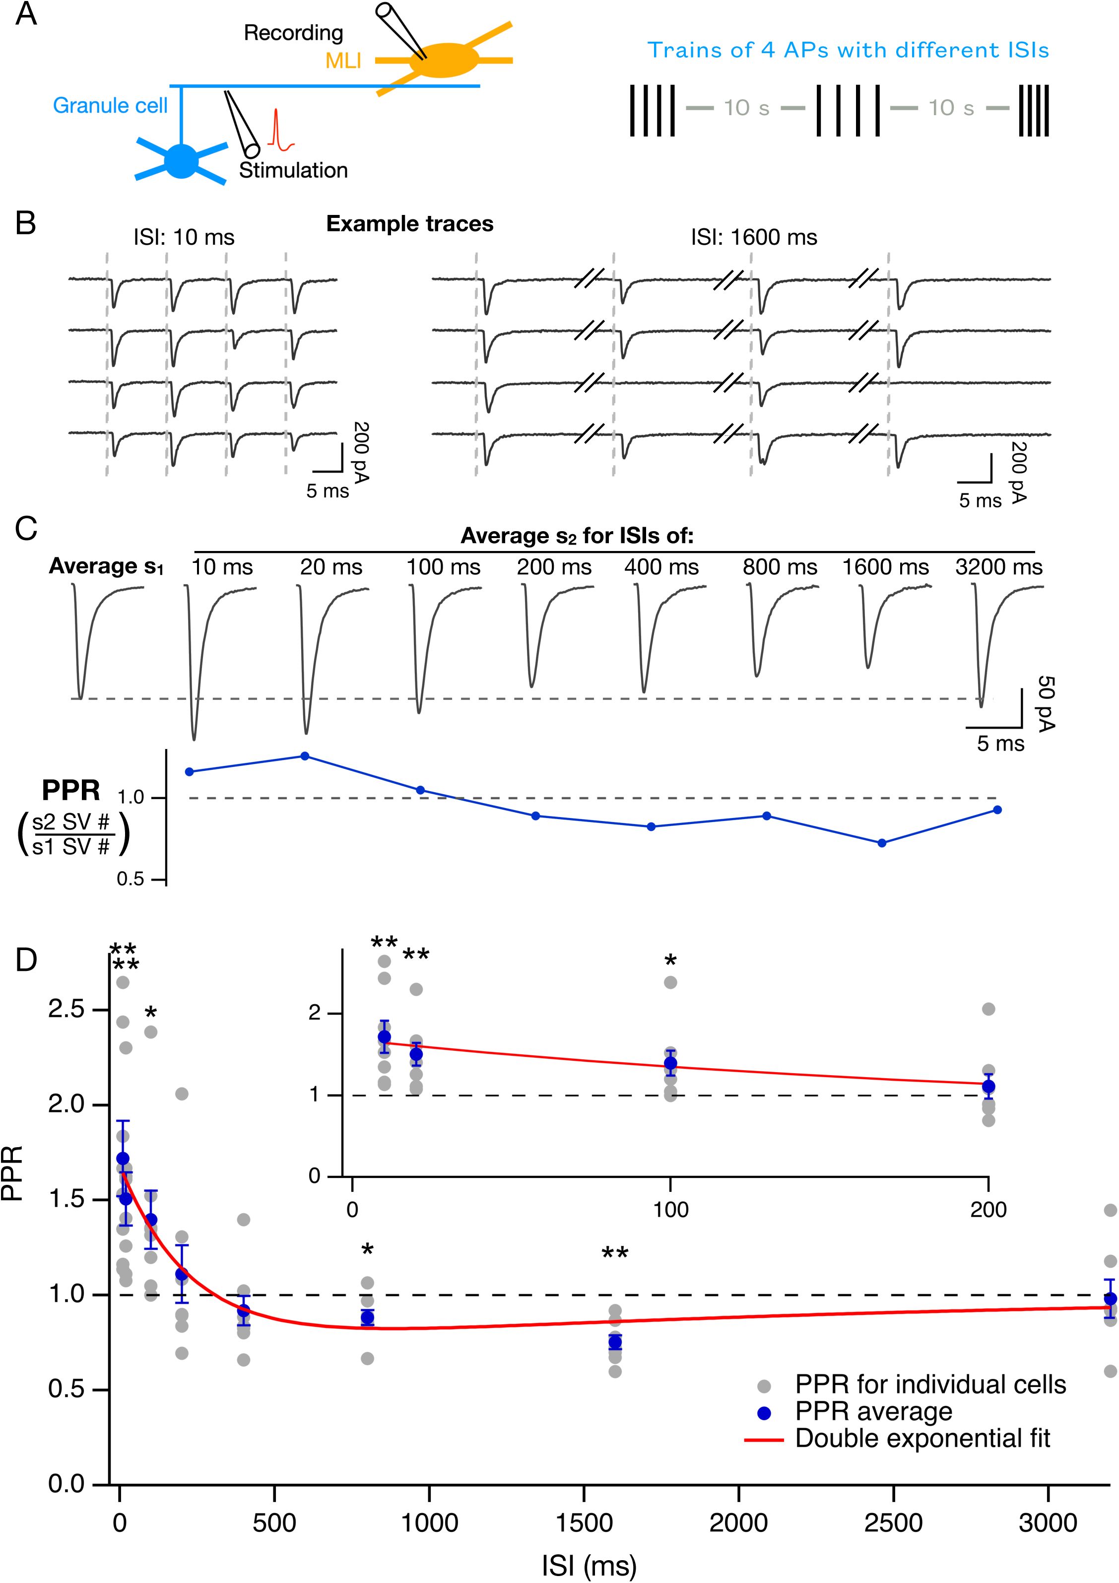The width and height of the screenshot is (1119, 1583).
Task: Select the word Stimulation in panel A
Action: [x=294, y=170]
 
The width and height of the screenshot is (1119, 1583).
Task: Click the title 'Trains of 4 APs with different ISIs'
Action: [x=848, y=50]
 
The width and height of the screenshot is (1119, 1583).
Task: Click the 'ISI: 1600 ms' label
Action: [x=754, y=238]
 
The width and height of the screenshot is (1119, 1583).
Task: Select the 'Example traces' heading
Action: [x=409, y=224]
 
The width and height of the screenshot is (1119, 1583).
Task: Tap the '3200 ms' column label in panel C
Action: [x=998, y=567]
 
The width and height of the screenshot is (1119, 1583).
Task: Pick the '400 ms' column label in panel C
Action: [x=661, y=567]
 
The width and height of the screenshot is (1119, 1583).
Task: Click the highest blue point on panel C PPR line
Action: [x=305, y=757]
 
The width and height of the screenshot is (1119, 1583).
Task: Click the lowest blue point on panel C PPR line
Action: [x=881, y=842]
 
